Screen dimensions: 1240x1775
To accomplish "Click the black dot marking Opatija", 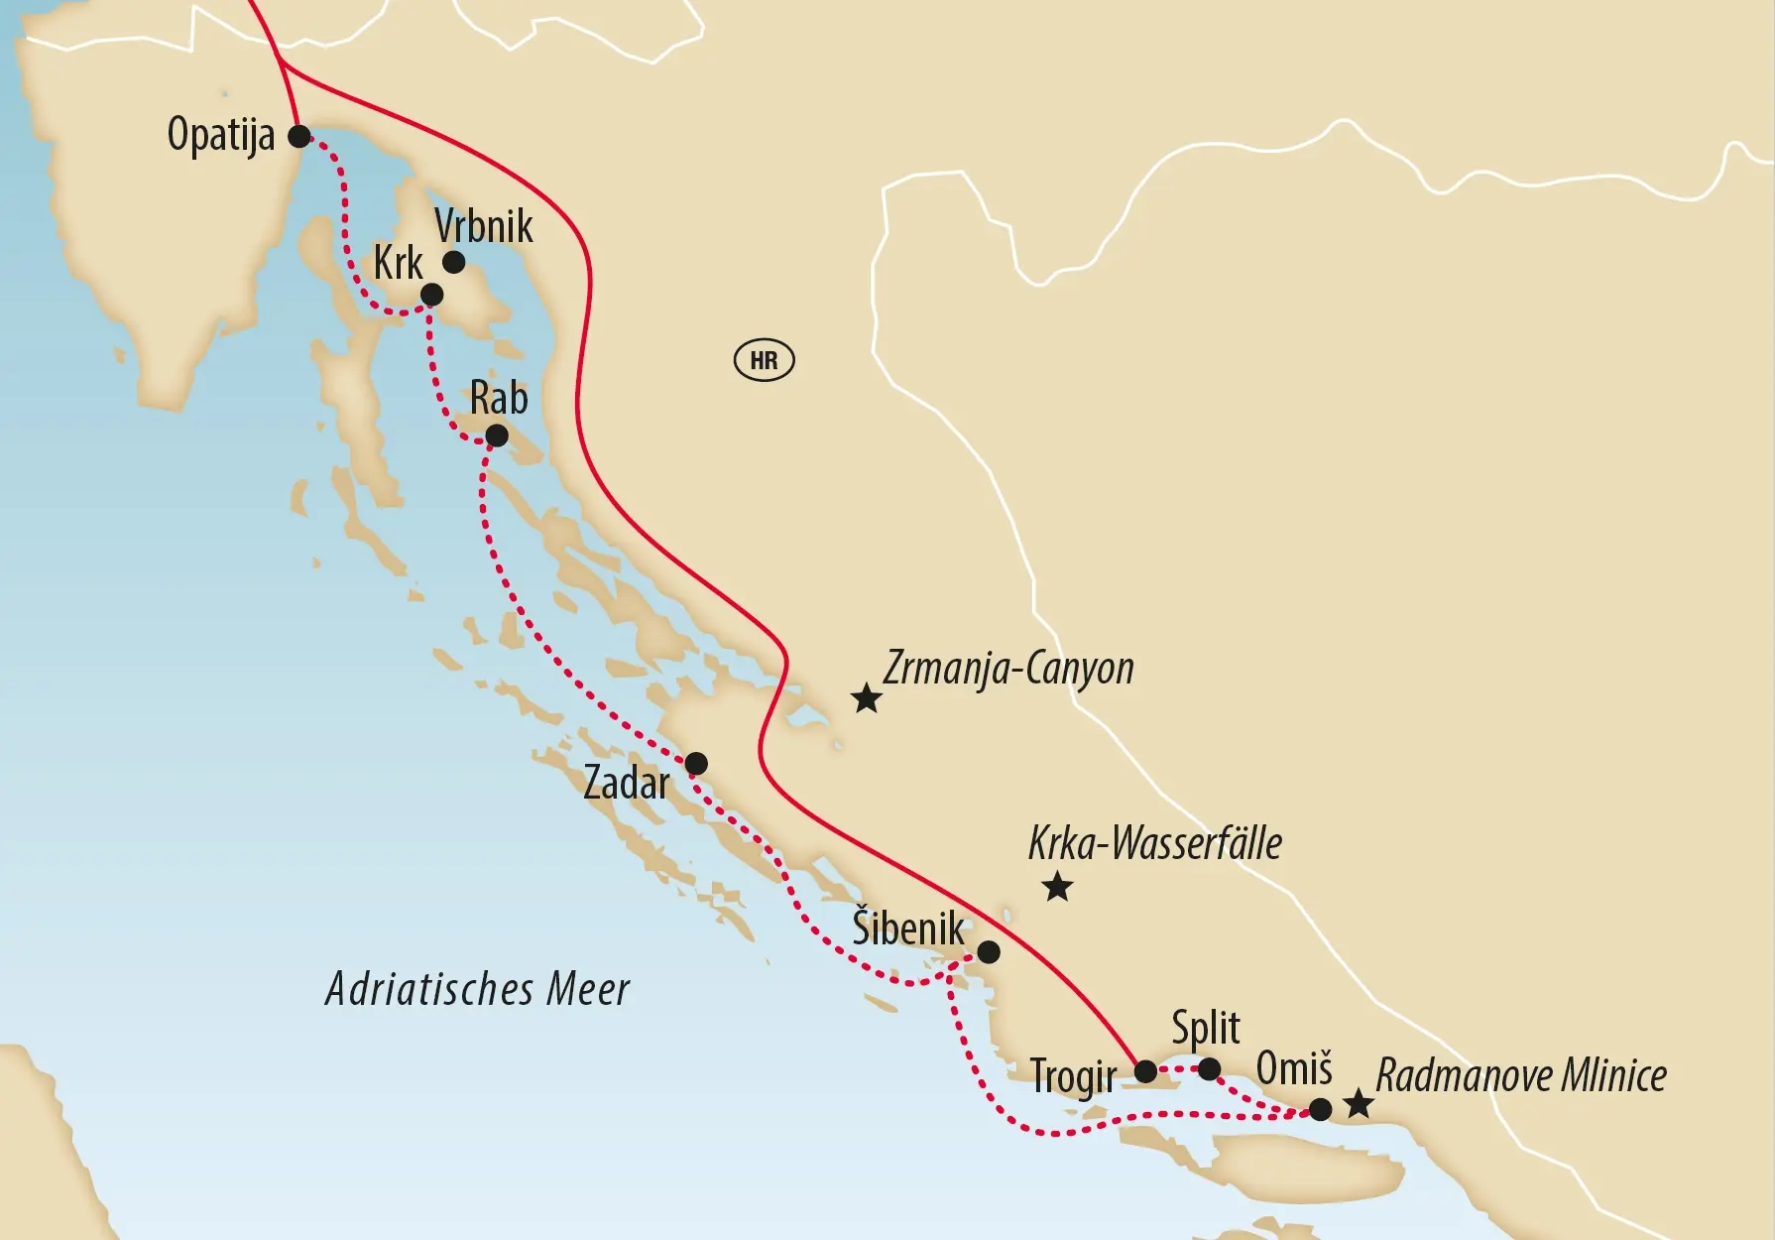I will (298, 136).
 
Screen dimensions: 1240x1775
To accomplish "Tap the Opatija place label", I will (220, 134).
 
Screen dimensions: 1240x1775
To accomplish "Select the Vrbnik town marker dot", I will (453, 262).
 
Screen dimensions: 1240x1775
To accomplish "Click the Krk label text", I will (398, 264).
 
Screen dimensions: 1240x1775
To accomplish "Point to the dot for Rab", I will (497, 435).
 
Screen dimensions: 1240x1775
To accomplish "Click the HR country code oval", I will (764, 360).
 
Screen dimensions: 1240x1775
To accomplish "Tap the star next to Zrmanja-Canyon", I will (867, 698).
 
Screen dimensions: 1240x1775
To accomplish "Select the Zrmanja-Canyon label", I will (1007, 669).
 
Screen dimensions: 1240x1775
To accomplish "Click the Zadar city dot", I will (696, 763).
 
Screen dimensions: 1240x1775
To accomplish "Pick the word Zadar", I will (626, 784).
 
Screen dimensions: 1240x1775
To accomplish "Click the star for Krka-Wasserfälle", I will (1057, 886).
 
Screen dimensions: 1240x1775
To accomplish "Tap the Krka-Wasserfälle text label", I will (1154, 843).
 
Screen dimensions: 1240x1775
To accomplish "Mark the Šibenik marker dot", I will (989, 952).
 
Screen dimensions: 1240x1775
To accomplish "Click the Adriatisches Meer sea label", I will (477, 989).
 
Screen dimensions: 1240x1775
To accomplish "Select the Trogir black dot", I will (1145, 1071).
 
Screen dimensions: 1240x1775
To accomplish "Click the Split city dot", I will (1209, 1068).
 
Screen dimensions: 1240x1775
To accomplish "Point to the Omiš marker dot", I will (1320, 1109).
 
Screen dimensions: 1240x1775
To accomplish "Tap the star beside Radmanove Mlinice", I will (1358, 1104).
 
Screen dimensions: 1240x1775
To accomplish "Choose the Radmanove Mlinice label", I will (1521, 1075).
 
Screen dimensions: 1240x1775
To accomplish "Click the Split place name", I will (1205, 1029).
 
